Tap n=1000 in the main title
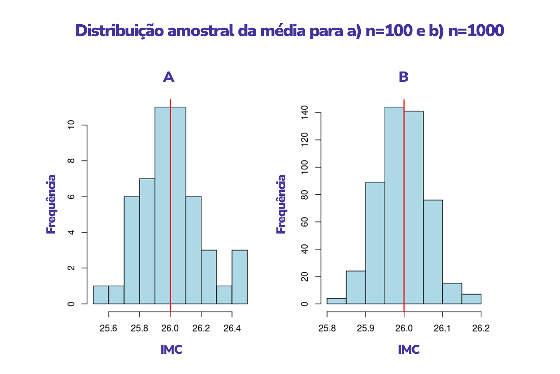(476, 31)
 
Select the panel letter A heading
(169, 77)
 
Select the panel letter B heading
(403, 77)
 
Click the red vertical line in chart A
(170, 203)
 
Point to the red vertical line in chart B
(404, 203)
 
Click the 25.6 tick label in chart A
(108, 328)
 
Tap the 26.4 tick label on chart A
(232, 328)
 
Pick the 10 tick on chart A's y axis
(71, 125)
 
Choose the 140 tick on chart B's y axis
(305, 112)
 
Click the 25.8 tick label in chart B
(327, 328)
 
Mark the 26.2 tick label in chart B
(481, 328)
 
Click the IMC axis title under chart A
(171, 350)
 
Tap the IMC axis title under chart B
(409, 350)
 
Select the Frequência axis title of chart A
(51, 204)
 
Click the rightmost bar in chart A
(239, 277)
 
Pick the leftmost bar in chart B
(336, 301)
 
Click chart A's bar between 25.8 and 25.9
(147, 241)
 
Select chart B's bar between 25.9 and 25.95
(375, 243)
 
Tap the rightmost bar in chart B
(471, 299)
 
